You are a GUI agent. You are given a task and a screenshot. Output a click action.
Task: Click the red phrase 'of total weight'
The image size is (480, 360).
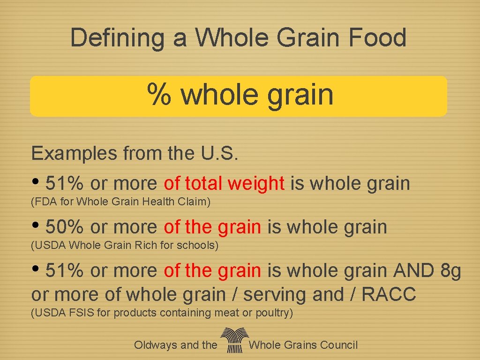(x=224, y=184)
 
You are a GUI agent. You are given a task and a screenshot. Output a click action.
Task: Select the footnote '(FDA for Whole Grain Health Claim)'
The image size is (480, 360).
(x=120, y=202)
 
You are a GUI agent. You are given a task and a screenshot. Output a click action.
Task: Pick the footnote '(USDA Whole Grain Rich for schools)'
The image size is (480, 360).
(x=124, y=245)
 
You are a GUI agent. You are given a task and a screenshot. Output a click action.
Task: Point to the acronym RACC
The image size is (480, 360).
(x=389, y=295)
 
